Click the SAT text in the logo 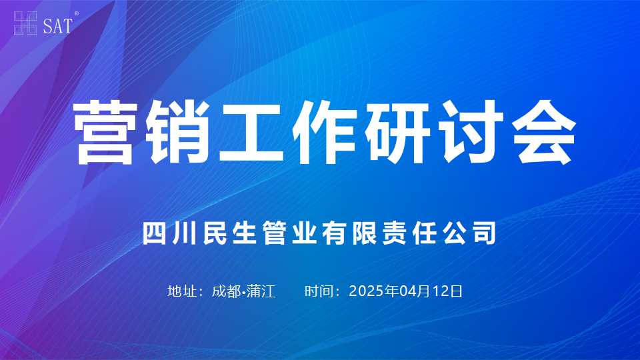(57, 26)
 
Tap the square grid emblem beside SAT (25, 23)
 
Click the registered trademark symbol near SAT (76, 14)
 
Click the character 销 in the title (177, 132)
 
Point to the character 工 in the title (251, 133)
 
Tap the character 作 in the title (324, 132)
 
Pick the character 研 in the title (397, 133)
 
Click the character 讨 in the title (470, 132)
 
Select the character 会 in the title (544, 132)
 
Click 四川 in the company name (169, 233)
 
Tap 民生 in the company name (229, 233)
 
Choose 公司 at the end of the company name (470, 233)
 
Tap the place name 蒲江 (261, 291)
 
